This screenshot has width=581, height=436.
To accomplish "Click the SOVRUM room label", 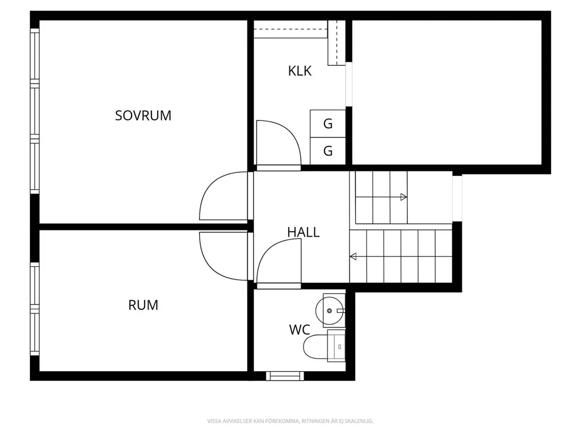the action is [143, 116].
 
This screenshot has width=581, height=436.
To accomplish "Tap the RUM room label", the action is [143, 305].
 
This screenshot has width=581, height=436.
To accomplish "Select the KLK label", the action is [300, 71].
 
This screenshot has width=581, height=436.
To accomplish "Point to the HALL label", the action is [303, 232].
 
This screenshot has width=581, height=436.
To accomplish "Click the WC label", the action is [300, 330].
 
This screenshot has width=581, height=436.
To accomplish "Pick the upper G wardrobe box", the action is [327, 123].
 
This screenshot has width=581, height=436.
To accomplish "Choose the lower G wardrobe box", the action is [327, 151].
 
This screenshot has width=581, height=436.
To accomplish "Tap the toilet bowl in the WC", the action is [315, 347].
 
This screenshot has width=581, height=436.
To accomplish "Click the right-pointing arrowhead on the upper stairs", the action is [404, 197].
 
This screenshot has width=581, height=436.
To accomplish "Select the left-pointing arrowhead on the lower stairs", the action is [353, 256].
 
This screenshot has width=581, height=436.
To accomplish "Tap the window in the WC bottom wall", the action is [285, 376].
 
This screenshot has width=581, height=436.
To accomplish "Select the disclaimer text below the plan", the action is [290, 421].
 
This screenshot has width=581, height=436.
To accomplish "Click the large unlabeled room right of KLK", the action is [447, 92].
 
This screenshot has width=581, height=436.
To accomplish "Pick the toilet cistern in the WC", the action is [336, 346].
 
